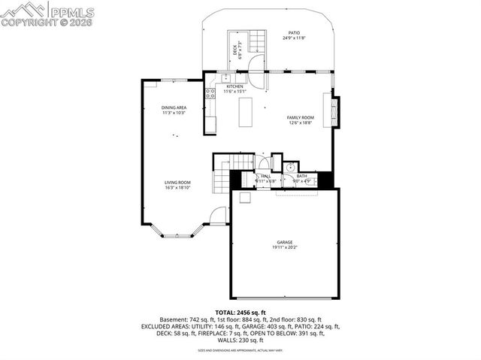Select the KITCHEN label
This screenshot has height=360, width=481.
[235, 86]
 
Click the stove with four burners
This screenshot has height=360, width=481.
[210, 94]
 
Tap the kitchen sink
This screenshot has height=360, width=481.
[225, 77]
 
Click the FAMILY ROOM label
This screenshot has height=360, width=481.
[300, 117]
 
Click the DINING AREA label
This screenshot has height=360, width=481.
[174, 107]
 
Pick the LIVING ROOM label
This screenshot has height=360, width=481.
[178, 182]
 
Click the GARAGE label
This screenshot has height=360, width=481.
[285, 242]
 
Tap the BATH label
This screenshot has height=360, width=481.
[301, 176]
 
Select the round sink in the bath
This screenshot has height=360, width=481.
[289, 167]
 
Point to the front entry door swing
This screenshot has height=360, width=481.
[218, 216]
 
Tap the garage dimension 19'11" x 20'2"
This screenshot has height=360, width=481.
[285, 247]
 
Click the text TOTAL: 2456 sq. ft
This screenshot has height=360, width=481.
[240, 312]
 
